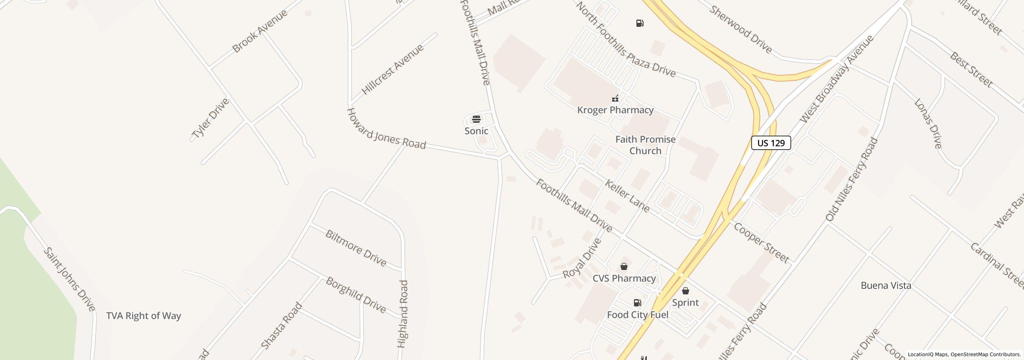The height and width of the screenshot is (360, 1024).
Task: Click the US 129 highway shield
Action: pos(771,143)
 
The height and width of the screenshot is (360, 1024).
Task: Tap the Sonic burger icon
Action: pos(476,119)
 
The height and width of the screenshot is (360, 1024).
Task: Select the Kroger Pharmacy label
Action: pos(615,110)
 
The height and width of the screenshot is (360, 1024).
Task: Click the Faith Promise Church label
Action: pos(645,145)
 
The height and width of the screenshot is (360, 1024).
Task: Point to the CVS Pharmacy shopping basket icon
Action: pos(624,266)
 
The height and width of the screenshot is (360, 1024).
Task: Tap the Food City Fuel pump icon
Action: pos(637,303)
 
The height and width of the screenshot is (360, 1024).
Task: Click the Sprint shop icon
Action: pos(685,291)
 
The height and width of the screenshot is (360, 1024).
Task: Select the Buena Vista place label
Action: pos(886,286)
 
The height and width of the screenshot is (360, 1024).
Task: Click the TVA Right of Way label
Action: pos(144,316)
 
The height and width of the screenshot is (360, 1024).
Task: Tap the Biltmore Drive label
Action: pos(356,248)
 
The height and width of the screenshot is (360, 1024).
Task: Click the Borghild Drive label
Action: pos(356,295)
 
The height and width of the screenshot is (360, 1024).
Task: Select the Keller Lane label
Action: pos(627,196)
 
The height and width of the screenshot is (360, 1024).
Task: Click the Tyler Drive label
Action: pos(210,118)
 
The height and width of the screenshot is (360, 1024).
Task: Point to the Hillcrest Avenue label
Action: pos(392,70)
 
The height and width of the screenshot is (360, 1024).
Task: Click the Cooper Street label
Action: pos(761,243)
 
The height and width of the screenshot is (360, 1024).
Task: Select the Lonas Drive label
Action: pos(928,124)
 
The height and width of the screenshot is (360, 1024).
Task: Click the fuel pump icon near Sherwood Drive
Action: pos(640,23)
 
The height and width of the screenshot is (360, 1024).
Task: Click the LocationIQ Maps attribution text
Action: pos(964,354)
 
